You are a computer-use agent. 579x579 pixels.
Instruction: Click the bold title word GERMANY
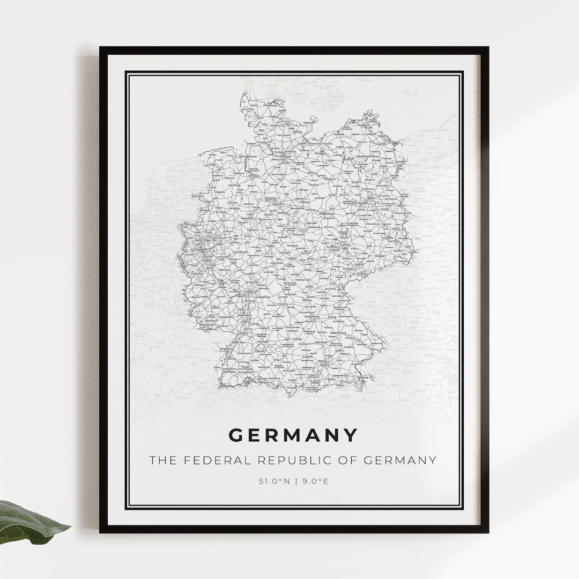tap(293, 435)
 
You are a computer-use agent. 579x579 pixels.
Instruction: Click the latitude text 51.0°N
tap(274, 481)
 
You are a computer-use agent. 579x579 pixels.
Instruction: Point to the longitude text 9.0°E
tap(315, 481)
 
